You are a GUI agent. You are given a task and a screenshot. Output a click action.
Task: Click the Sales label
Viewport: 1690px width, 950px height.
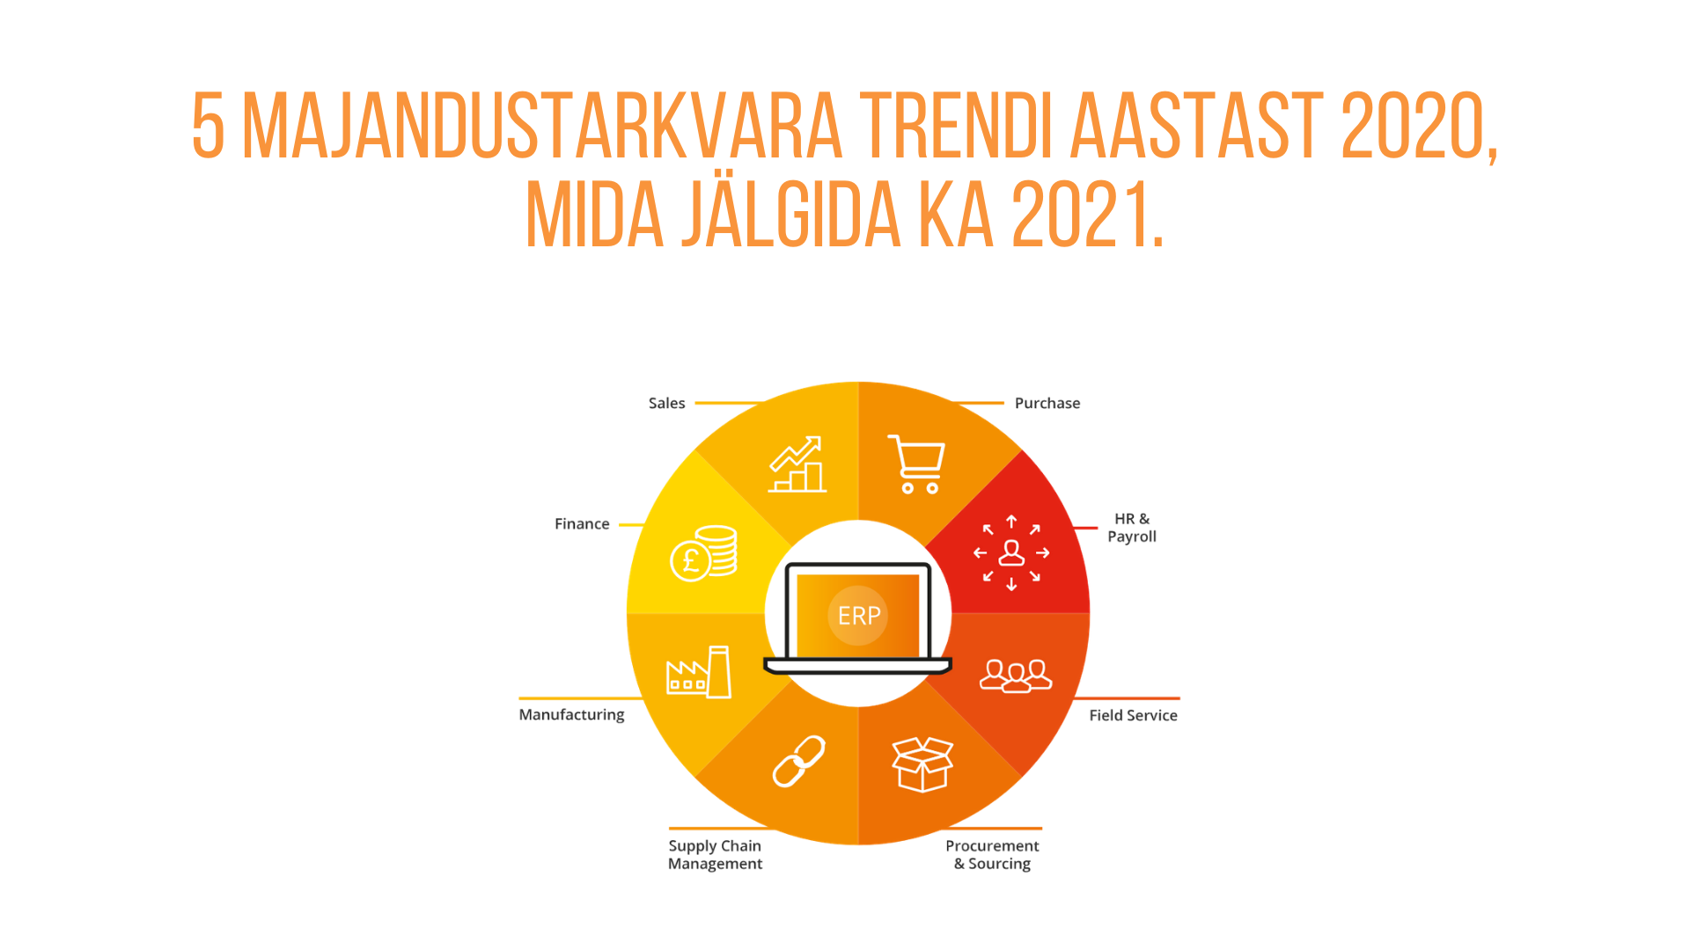(666, 403)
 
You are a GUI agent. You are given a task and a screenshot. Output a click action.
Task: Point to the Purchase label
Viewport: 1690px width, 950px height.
(1047, 403)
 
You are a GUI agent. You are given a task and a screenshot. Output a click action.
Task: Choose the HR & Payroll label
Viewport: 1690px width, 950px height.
(1132, 528)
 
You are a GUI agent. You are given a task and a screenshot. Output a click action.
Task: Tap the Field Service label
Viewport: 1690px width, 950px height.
(1133, 715)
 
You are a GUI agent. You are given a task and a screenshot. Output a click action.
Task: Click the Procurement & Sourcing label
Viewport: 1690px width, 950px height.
(992, 855)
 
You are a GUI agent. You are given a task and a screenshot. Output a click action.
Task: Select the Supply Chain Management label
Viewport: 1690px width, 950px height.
(715, 855)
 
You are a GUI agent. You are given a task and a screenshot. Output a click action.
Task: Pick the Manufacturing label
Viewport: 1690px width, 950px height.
(571, 715)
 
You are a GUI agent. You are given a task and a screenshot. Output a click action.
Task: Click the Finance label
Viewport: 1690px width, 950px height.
(582, 523)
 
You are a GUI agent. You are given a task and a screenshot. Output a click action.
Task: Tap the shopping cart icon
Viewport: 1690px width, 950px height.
(917, 464)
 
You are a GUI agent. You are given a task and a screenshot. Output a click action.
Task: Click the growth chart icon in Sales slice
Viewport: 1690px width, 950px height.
(797, 464)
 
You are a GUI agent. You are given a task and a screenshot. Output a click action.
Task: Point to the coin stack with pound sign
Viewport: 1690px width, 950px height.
(703, 554)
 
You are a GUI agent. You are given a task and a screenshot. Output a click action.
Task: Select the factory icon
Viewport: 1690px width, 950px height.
(699, 672)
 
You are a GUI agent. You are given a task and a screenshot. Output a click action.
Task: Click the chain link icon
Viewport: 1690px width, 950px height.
(799, 761)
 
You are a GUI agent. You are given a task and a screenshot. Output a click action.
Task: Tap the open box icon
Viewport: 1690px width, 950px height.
(922, 764)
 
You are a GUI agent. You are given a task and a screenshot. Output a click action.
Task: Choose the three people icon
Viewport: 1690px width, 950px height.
(1016, 676)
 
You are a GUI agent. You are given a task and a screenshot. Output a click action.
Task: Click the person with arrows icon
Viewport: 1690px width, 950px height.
(1011, 552)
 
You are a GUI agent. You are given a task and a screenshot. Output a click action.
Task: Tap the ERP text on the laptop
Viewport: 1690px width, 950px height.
(859, 616)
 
